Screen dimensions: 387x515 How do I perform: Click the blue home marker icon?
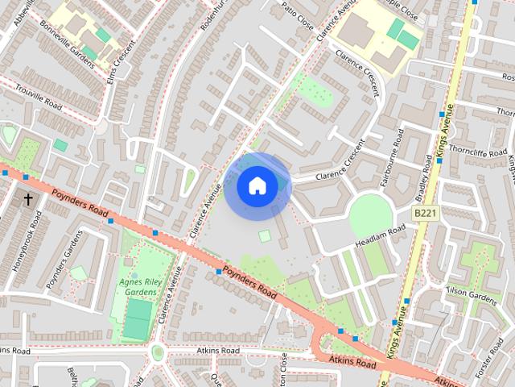257,186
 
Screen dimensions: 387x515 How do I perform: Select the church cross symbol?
28,198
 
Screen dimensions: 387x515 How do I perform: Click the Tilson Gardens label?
472,298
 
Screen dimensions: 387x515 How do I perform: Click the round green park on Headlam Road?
371,216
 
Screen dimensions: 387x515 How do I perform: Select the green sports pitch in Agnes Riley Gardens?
138,319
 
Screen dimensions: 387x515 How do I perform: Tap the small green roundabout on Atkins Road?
158,352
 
